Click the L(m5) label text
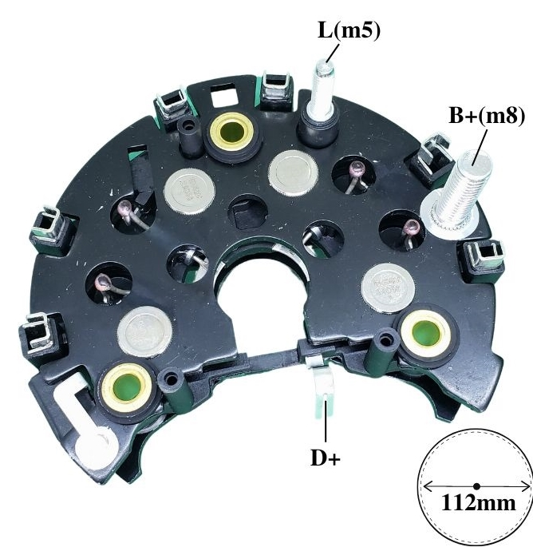point(349,31)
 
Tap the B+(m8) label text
point(487,116)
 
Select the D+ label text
point(325,458)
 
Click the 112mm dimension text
point(478,503)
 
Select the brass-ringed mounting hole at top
point(230,132)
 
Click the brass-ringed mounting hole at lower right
point(425,332)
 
